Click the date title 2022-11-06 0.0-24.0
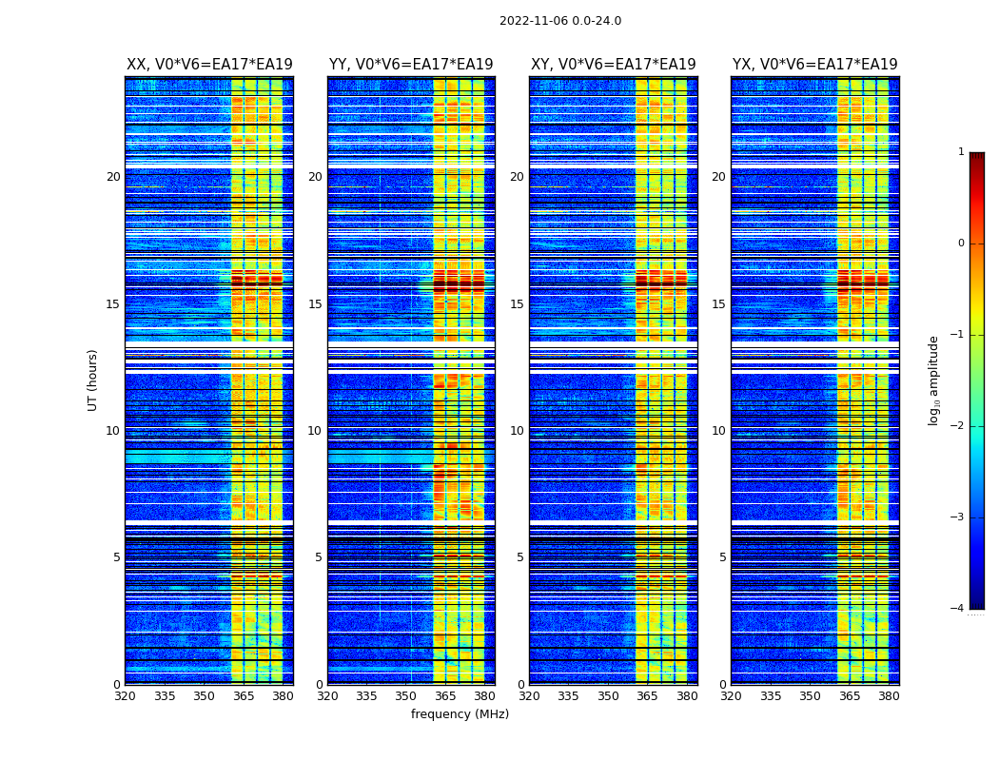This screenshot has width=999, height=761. click(560, 21)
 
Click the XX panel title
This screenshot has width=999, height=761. click(209, 65)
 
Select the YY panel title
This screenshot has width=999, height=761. click(411, 65)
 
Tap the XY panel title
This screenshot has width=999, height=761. click(613, 65)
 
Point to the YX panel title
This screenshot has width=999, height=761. click(814, 65)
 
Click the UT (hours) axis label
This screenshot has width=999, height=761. click(92, 380)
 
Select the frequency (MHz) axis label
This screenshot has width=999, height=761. click(460, 714)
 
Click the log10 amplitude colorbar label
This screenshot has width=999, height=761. click(933, 380)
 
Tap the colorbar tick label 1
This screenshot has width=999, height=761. click(960, 152)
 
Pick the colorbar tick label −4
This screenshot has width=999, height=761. click(957, 609)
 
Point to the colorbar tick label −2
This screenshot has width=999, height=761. click(957, 426)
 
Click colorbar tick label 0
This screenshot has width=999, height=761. click(960, 244)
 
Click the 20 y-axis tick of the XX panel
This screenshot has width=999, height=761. click(113, 177)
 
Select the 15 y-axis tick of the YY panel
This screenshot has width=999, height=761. click(315, 304)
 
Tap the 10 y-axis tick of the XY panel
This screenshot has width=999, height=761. click(517, 431)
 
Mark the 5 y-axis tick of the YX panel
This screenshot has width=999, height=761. click(722, 557)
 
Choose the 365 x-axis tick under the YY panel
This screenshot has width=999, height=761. click(445, 696)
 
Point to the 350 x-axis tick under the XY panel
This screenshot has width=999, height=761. click(608, 696)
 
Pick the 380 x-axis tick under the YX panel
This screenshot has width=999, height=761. click(889, 696)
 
